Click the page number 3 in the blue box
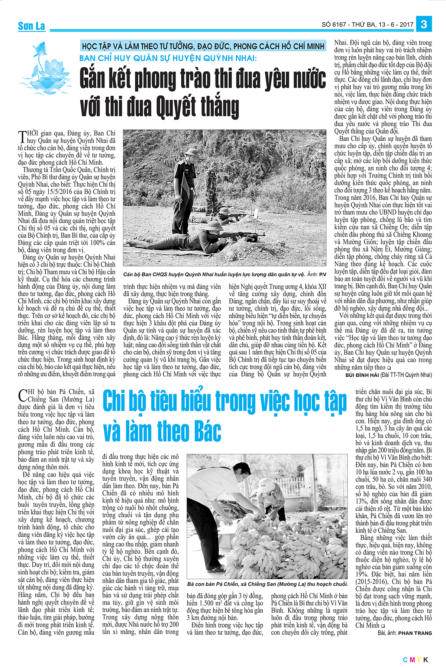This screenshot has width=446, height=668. click(424, 24)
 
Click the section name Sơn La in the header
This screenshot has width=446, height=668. click(32, 26)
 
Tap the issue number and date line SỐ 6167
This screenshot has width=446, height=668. click(367, 25)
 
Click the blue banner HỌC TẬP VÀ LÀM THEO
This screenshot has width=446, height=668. click(203, 46)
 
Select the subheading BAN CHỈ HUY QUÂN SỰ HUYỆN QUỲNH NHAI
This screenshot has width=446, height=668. click(168, 58)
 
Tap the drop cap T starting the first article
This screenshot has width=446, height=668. click(22, 137)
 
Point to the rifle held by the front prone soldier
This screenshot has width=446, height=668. click(238, 235)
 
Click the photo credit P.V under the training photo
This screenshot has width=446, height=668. click(323, 275)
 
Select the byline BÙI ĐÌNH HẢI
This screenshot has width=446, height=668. click(362, 375)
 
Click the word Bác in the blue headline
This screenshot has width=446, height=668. click(204, 431)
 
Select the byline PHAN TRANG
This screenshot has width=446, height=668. click(415, 633)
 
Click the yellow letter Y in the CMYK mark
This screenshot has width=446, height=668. click(419, 659)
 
